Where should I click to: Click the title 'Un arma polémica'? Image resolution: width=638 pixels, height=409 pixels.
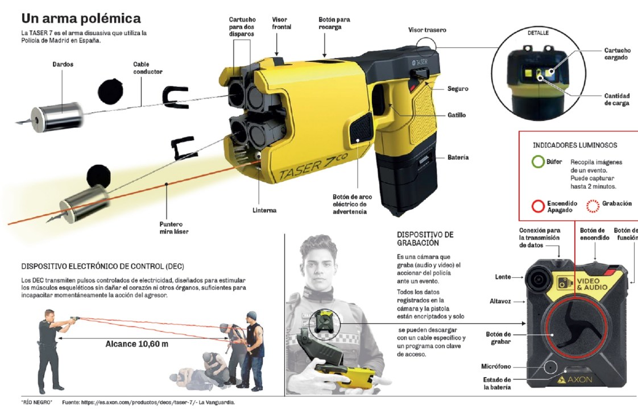pos(81,19)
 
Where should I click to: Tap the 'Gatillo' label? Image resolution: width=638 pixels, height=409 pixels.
pos(457,115)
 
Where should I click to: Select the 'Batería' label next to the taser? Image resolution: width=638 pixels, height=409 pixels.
pos(458,157)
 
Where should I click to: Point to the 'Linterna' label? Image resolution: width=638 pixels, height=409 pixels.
pos(264,210)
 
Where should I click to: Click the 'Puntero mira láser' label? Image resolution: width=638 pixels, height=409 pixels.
pos(174,228)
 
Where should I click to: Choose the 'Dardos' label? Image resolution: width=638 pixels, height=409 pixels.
pos(63,64)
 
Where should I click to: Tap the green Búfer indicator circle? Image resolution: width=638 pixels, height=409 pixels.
pos(538,162)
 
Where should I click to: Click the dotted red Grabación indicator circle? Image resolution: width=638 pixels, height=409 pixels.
pos(593,206)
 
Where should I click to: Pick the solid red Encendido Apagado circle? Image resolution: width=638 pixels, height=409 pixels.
pos(538,206)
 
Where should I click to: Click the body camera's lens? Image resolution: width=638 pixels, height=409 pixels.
pos(538,279)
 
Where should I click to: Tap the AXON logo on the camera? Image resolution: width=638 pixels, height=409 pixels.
pos(574,379)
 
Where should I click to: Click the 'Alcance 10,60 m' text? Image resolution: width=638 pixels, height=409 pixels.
pos(136,344)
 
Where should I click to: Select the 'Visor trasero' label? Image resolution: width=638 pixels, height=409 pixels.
pos(427,30)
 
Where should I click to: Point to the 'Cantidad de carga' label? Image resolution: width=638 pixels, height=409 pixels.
pos(616,99)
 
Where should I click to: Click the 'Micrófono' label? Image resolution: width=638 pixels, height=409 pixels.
pos(496,366)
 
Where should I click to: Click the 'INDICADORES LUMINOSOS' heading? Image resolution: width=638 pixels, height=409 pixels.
pos(575,145)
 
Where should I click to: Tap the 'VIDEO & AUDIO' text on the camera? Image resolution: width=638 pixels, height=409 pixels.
pos(591,284)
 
